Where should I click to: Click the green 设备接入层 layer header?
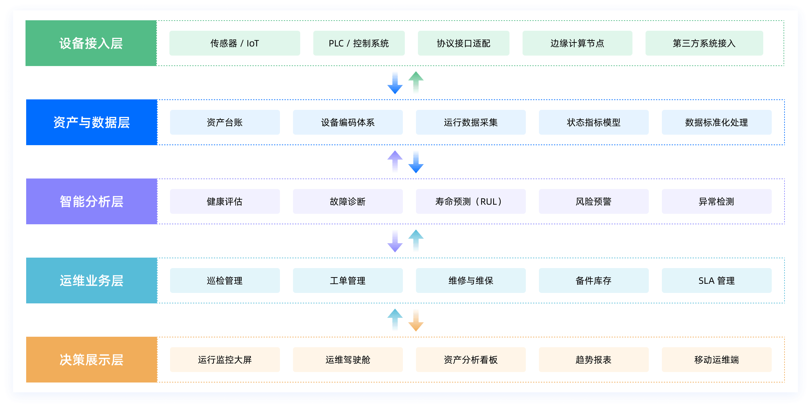(91, 43)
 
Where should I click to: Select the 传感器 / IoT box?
(234, 43)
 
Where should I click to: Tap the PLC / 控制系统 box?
(359, 43)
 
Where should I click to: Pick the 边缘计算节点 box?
(577, 43)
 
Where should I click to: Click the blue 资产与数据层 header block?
(92, 122)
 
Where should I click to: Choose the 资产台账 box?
(225, 122)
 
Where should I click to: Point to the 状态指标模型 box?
(594, 122)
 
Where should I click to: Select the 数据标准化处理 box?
(716, 122)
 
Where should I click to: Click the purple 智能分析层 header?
(92, 201)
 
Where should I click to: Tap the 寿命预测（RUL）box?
(471, 201)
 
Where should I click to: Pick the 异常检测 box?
(716, 201)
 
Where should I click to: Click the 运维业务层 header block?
(92, 280)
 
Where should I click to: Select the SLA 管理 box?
(716, 280)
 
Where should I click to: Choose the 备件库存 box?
(594, 280)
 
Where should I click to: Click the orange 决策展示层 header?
(92, 360)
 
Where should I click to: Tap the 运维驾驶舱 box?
(348, 360)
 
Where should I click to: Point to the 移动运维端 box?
(716, 360)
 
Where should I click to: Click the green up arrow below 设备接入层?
(416, 82)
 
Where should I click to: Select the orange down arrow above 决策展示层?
(416, 321)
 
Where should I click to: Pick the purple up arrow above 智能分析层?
(395, 161)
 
